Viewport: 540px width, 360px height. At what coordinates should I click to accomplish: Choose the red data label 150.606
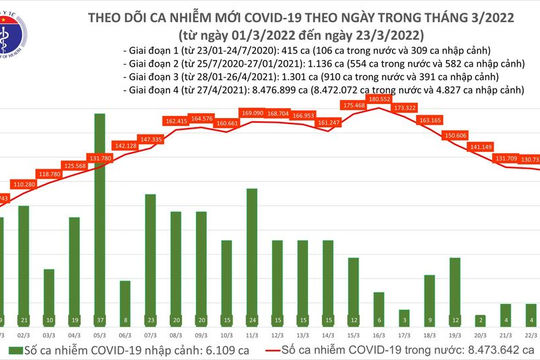tap(455, 133)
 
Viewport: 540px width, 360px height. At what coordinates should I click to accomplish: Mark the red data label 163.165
tap(430, 119)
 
